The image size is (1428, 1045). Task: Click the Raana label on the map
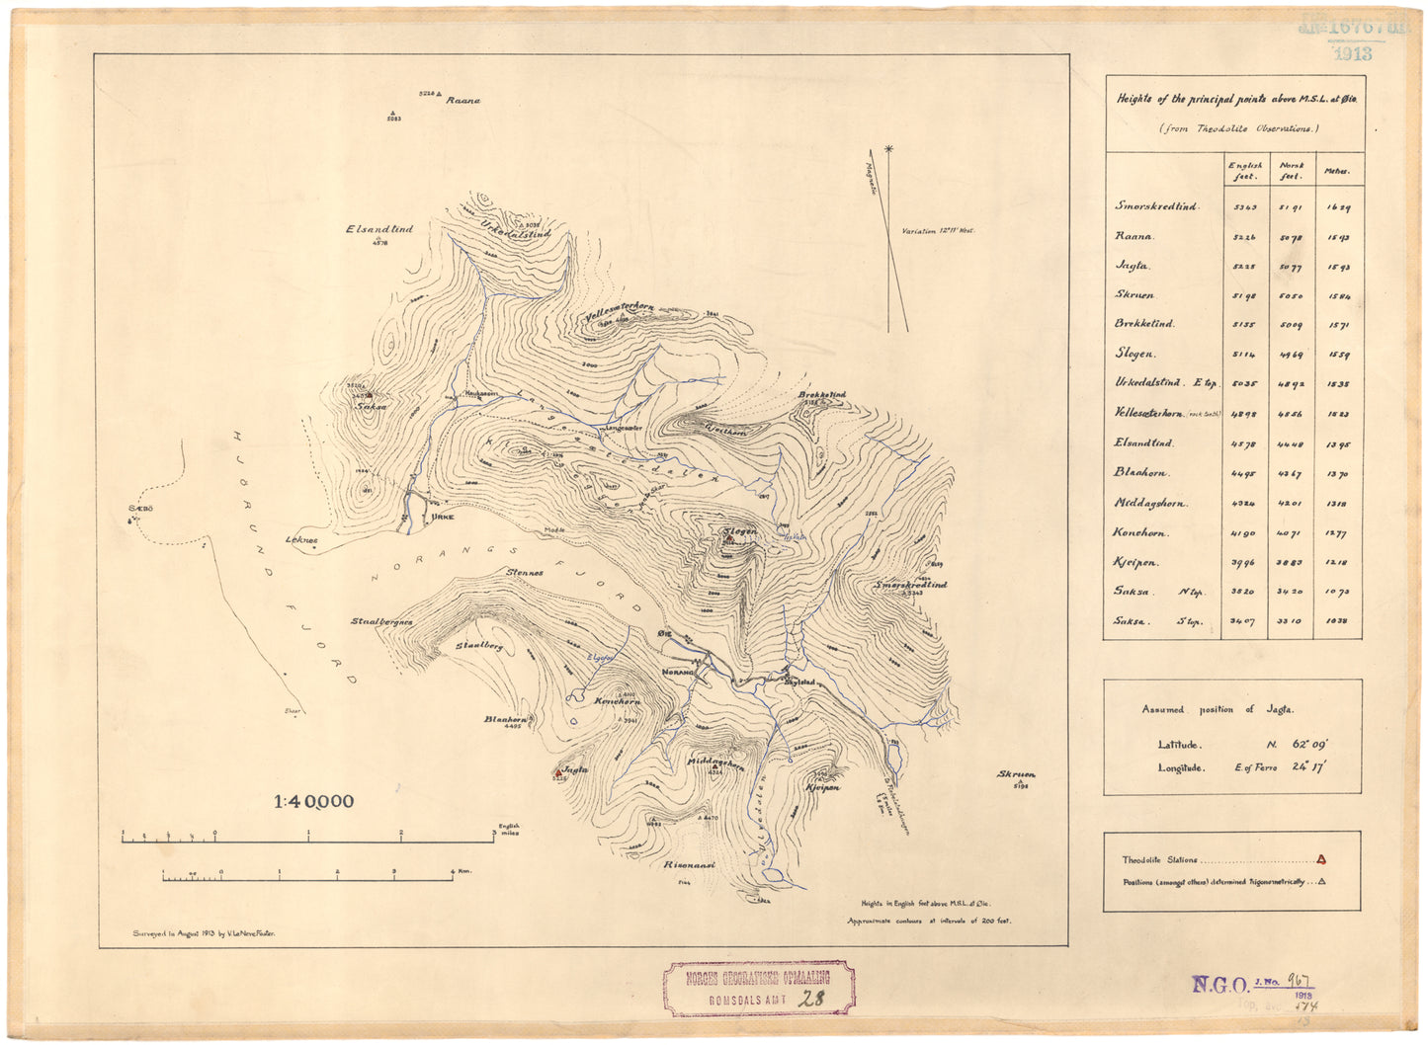pos(462,101)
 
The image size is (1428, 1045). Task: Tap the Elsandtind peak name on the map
pos(379,229)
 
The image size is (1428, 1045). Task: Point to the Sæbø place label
pos(137,509)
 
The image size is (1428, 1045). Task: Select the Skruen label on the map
pos(1017,774)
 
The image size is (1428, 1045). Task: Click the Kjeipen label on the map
pos(822,788)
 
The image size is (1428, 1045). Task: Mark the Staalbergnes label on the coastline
pos(381,622)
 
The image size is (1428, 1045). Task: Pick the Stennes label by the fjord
pos(525,573)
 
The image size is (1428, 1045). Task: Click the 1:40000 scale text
pos(313,802)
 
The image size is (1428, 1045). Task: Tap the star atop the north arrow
pos(888,149)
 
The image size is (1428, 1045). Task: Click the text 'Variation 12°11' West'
pos(938,230)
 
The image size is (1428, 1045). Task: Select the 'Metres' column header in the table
pos(1336,172)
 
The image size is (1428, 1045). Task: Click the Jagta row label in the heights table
pos(1133,266)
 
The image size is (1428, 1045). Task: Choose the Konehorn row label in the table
pos(1141,533)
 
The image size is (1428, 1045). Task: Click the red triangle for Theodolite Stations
pos(1321,859)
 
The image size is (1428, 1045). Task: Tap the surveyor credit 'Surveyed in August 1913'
pos(204,932)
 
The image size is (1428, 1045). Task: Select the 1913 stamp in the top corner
pos(1351,54)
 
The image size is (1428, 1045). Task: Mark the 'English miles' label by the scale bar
pos(509,830)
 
